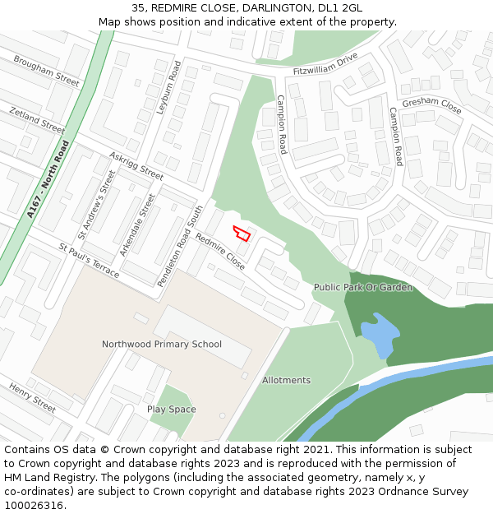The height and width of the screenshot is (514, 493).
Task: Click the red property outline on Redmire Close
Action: pyautogui.click(x=242, y=234)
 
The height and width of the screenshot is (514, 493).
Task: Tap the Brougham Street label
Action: pyautogui.click(x=46, y=72)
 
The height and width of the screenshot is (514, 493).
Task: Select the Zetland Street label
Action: pyautogui.click(x=36, y=120)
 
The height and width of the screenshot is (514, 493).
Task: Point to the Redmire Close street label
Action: pyautogui.click(x=219, y=252)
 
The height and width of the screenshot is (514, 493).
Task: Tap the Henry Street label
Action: pyautogui.click(x=33, y=398)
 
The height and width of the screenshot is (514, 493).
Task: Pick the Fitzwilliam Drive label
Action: pyautogui.click(x=325, y=64)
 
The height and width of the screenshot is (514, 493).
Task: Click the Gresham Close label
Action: pyautogui.click(x=432, y=105)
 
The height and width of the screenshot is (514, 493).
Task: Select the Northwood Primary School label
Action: pyautogui.click(x=162, y=344)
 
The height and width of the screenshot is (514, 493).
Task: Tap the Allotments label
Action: pyautogui.click(x=286, y=380)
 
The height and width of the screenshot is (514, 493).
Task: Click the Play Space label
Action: pyautogui.click(x=171, y=409)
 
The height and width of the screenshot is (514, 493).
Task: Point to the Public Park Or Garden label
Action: pyautogui.click(x=362, y=287)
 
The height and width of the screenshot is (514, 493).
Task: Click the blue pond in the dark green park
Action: pyautogui.click(x=377, y=333)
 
